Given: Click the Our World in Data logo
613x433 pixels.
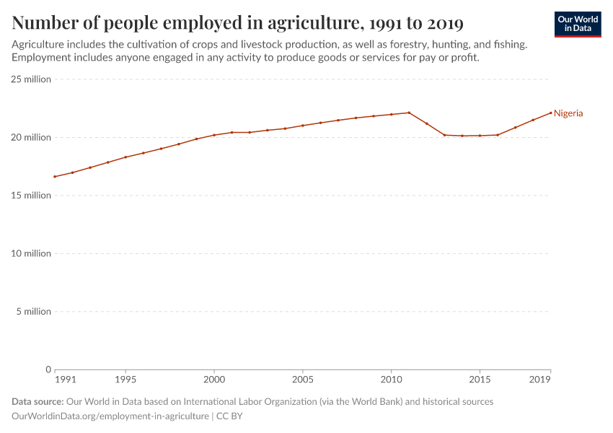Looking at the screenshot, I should (x=578, y=24).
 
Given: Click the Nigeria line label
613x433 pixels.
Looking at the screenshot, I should (x=568, y=113).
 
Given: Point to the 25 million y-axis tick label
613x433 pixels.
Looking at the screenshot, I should (x=31, y=79).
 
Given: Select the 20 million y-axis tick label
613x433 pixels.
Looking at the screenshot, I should (x=31, y=137).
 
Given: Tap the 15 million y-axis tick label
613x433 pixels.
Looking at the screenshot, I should (x=31, y=196).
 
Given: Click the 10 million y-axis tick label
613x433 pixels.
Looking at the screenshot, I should (x=31, y=253).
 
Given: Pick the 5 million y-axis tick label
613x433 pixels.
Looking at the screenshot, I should (x=33, y=312).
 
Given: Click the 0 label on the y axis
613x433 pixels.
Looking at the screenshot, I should (x=48, y=369).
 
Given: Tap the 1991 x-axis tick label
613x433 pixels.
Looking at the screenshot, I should (x=65, y=379).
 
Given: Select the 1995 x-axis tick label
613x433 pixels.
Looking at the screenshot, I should (x=125, y=379).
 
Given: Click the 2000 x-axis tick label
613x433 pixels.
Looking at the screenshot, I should (x=214, y=379).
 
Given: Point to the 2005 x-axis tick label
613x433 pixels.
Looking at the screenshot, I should (x=303, y=379).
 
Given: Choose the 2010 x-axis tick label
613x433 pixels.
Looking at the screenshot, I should (x=392, y=379).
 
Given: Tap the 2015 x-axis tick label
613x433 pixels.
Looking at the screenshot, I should (x=480, y=379).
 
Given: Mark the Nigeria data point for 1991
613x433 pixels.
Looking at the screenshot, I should (x=55, y=177).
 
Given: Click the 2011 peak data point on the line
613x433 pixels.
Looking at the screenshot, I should (x=409, y=113).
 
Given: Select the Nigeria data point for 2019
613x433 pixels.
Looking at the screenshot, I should (x=551, y=113).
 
